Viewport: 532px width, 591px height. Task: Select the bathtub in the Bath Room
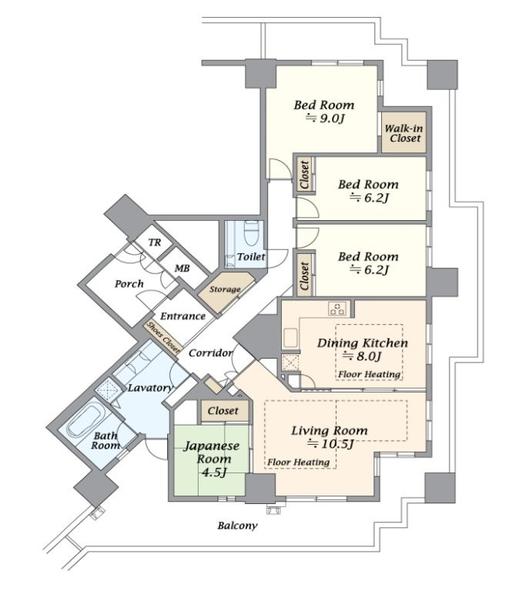tap(82, 422)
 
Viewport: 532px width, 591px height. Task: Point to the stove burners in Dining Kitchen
tap(337, 309)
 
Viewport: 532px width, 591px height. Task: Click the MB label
tap(182, 268)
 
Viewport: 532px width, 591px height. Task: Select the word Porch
tap(129, 284)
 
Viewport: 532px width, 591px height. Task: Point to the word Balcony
tap(236, 526)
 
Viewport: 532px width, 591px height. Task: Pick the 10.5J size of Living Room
tap(331, 444)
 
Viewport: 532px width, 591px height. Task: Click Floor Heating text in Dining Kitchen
tap(370, 375)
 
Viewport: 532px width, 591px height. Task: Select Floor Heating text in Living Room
tap(299, 462)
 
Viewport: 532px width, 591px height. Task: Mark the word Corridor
tap(210, 353)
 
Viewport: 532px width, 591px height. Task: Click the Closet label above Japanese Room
tap(223, 412)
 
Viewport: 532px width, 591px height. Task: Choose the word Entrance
tap(183, 316)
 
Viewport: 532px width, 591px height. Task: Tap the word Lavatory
tap(149, 388)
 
